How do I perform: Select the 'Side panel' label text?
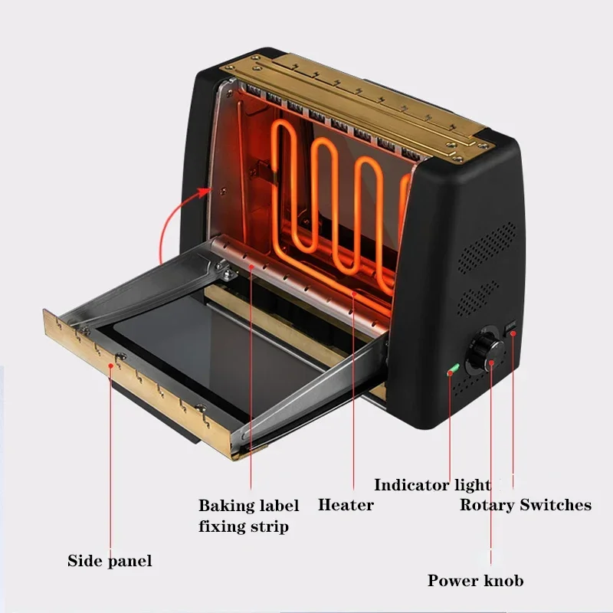pyautogui.click(x=110, y=561)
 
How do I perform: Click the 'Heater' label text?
pyautogui.click(x=346, y=505)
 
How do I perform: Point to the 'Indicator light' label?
pyautogui.click(x=431, y=484)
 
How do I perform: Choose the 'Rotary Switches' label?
pyautogui.click(x=525, y=505)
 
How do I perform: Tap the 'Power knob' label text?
pyautogui.click(x=475, y=581)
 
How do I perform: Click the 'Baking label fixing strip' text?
pyautogui.click(x=248, y=516)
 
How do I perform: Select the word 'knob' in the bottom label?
pyautogui.click(x=503, y=581)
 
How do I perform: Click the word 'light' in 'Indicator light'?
pyautogui.click(x=471, y=484)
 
